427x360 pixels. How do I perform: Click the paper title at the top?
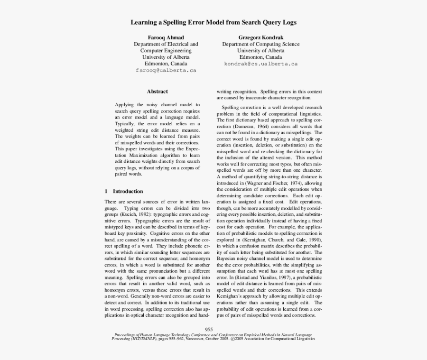coord(213,22)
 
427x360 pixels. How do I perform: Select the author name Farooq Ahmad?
coord(166,37)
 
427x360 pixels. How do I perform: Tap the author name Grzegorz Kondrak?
coord(260,37)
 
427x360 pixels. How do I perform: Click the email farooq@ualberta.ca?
coord(166,70)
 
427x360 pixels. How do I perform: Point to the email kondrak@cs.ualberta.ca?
coord(260,64)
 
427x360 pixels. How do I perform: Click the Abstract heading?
coord(157,92)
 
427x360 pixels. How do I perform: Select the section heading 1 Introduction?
coord(123,192)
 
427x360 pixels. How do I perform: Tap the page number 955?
coord(209,329)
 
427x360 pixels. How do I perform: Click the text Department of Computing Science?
coord(260,44)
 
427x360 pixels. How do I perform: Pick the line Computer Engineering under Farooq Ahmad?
coord(166,51)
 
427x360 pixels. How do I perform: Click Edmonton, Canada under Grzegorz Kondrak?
coord(260,57)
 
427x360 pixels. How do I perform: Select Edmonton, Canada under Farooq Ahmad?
coord(166,64)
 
